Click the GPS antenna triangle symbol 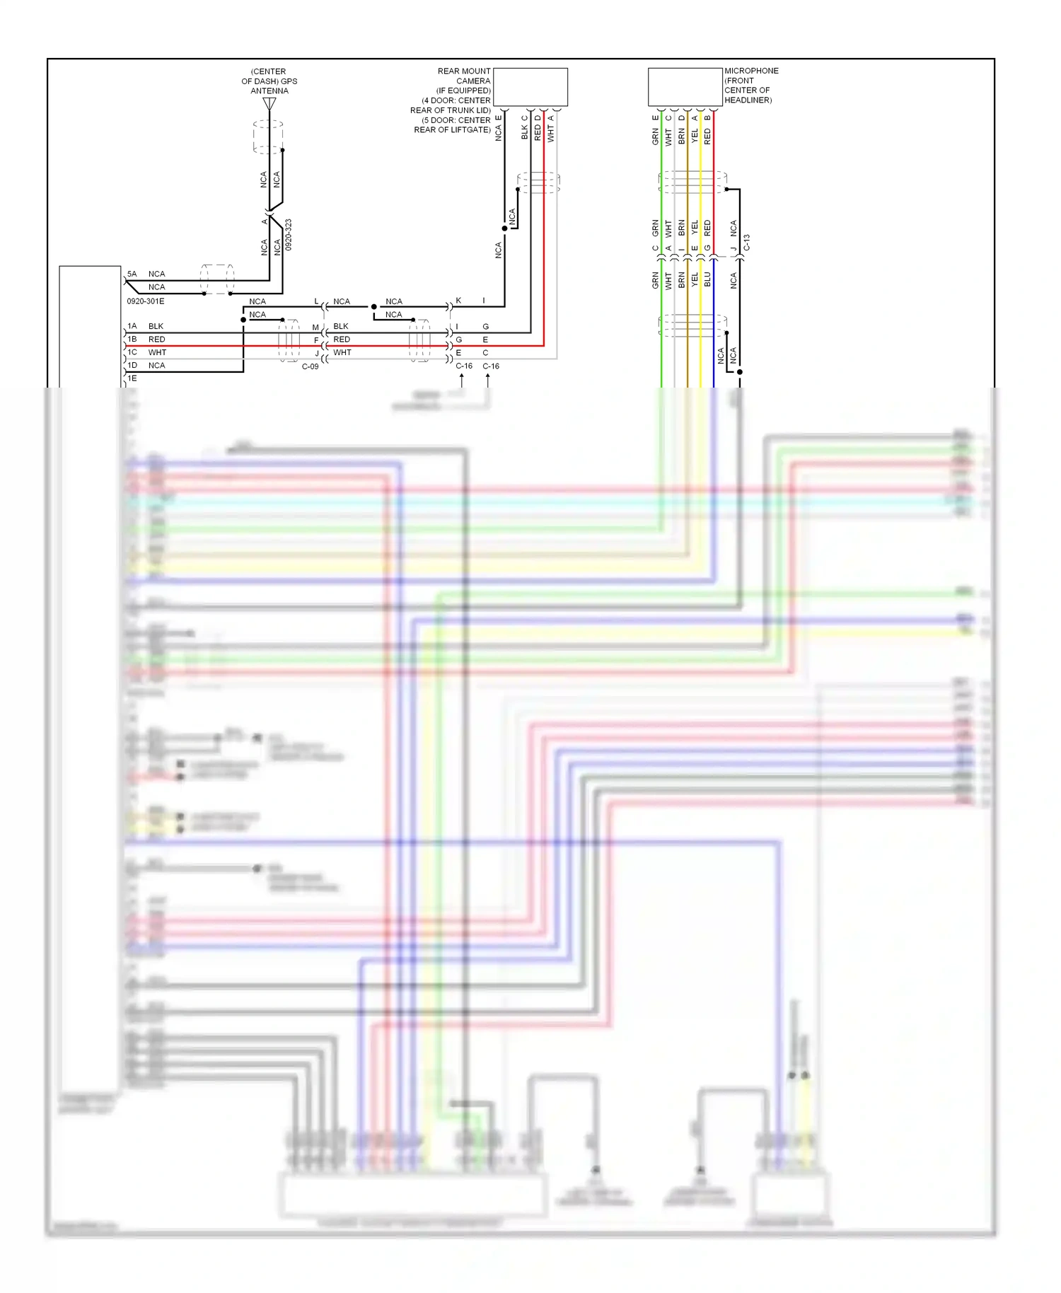[269, 103]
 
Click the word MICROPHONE [751, 71]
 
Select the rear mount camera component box [530, 87]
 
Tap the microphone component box [685, 87]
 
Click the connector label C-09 [311, 366]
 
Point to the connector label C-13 [747, 243]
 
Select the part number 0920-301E [146, 301]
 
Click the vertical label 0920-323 [289, 234]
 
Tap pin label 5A [132, 274]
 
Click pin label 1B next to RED [132, 340]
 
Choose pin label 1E [132, 378]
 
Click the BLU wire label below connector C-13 [707, 279]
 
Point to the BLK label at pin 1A [156, 326]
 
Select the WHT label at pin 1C [157, 352]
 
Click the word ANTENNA [269, 91]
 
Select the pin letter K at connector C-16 [458, 301]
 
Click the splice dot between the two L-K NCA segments [373, 307]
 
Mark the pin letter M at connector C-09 [315, 327]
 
